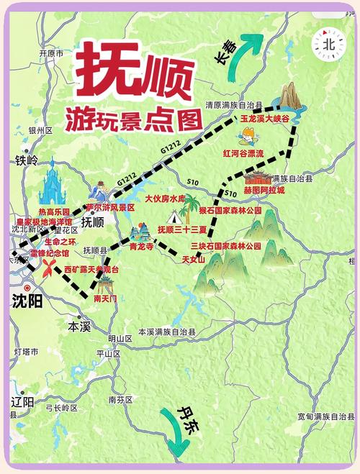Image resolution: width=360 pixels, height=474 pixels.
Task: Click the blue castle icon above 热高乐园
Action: [x=53, y=183]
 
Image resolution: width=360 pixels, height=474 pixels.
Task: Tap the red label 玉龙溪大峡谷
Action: [x=264, y=117]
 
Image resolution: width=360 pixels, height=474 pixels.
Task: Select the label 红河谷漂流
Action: [x=244, y=154]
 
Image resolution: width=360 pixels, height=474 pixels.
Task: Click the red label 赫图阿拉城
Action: [x=264, y=191]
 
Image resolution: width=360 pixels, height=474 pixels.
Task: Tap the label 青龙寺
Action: [x=142, y=245]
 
